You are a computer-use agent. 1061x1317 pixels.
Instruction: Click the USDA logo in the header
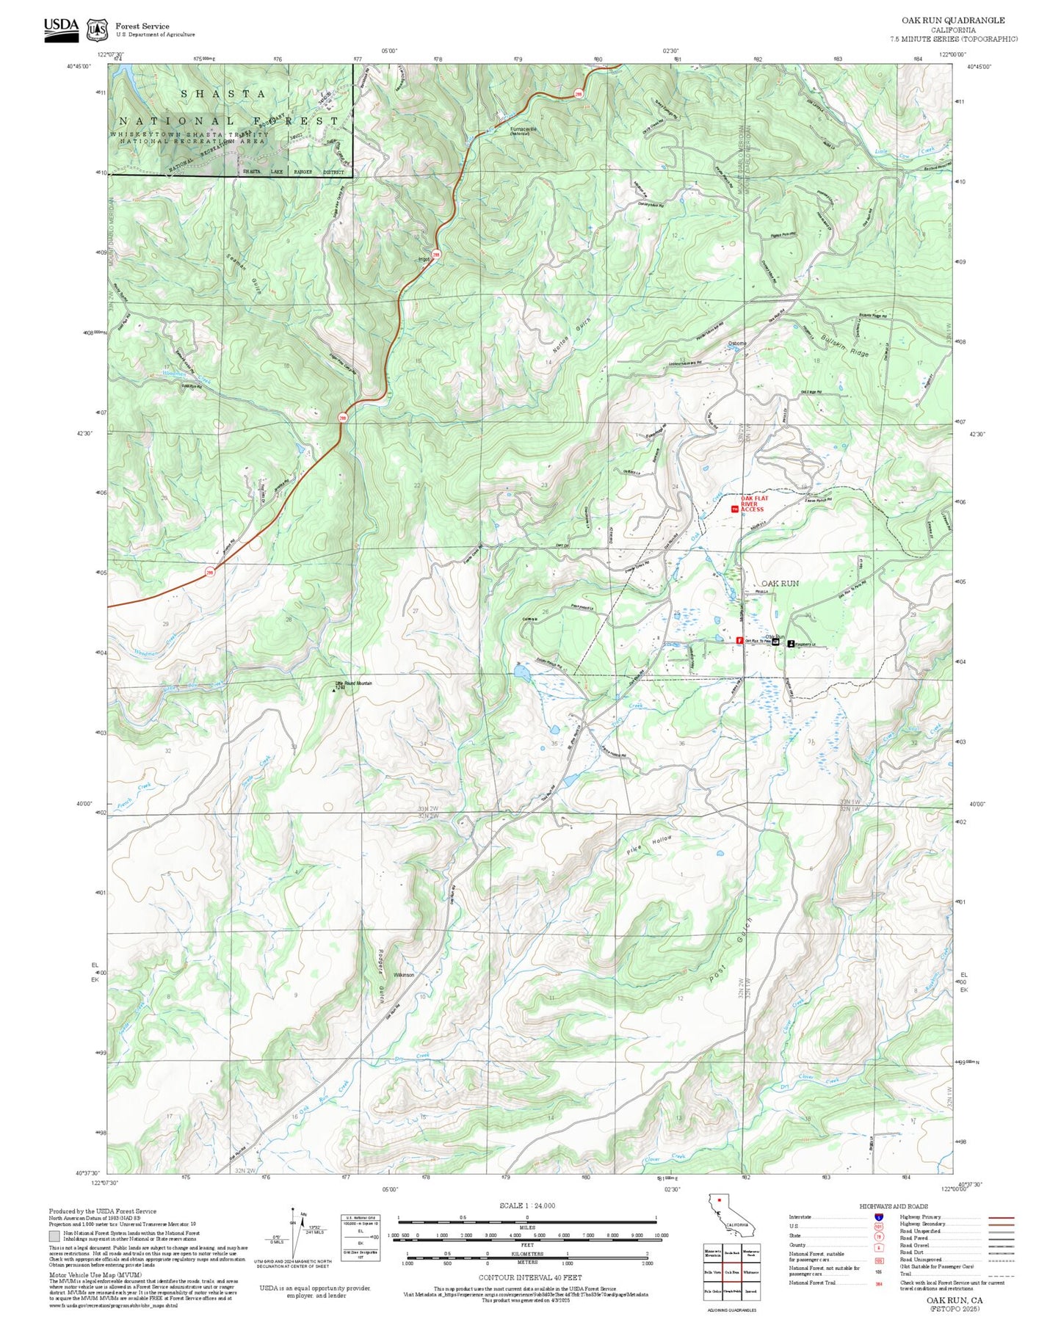pos(61,28)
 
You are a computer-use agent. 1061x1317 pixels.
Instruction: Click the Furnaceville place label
pos(524,129)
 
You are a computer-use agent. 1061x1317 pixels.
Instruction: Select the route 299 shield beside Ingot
pos(436,254)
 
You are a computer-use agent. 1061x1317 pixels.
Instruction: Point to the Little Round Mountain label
pos(354,683)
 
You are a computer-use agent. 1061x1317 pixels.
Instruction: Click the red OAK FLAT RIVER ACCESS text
pos(754,504)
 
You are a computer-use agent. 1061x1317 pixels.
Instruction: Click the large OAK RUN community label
pos(780,584)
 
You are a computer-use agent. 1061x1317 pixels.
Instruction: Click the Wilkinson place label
pos(404,975)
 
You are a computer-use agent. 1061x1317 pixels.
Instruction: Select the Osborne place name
pos(736,344)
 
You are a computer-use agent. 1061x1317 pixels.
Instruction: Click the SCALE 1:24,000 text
pos(526,1205)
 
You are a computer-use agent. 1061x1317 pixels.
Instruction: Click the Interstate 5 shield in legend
pos(878,1217)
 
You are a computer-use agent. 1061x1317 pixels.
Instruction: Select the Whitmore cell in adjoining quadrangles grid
pos(750,1272)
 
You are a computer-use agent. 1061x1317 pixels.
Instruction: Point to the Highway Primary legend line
pos(1002,1217)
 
